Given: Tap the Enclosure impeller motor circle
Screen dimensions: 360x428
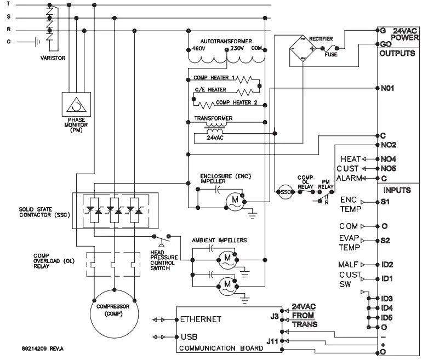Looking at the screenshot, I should [234, 201].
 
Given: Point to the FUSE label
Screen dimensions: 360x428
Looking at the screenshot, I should [331, 55].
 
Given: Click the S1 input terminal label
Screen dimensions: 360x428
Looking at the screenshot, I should [385, 202].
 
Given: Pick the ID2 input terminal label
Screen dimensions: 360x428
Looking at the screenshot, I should [387, 265].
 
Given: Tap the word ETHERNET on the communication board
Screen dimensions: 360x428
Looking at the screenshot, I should [202, 319].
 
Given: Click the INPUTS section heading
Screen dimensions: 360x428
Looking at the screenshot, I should [397, 190].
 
